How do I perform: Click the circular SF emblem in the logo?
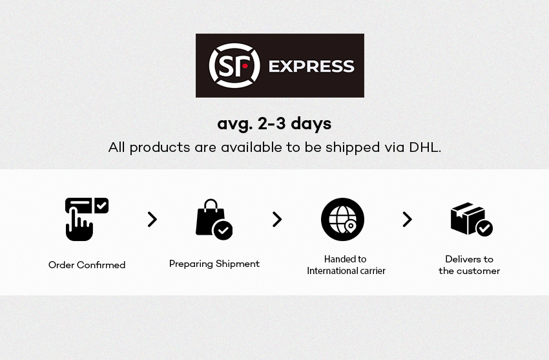(234, 65)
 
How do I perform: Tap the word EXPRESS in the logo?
(311, 67)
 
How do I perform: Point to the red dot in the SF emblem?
(245, 66)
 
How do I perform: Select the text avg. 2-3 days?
(274, 124)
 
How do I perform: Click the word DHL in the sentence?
(425, 147)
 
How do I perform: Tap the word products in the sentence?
(160, 148)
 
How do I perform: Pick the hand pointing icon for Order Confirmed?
(79, 223)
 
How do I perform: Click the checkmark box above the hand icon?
(101, 206)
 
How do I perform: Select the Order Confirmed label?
(87, 265)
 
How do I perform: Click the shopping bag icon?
(211, 217)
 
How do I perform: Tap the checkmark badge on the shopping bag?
(223, 230)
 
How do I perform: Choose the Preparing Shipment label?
(214, 264)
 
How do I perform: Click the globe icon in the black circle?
(342, 219)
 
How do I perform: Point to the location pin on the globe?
(350, 227)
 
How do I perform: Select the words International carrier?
(346, 271)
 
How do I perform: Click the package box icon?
(468, 218)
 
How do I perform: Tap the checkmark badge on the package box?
(484, 228)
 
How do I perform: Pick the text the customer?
(469, 271)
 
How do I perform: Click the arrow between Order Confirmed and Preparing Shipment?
(152, 220)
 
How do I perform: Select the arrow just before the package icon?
(407, 220)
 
